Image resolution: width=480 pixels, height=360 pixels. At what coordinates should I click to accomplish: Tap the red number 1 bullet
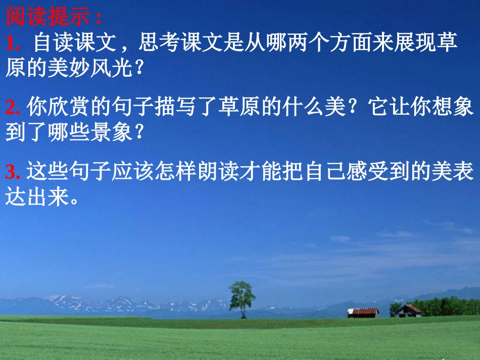coord(13,44)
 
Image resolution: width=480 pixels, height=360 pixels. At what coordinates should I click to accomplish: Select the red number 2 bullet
coord(13,108)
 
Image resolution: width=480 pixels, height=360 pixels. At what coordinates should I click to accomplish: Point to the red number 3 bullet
coord(13,172)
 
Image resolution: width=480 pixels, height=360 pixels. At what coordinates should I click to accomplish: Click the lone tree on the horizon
coord(242,298)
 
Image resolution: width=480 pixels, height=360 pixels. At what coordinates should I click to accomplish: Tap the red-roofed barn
coord(362,313)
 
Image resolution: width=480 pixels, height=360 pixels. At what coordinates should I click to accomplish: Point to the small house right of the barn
coord(408,311)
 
